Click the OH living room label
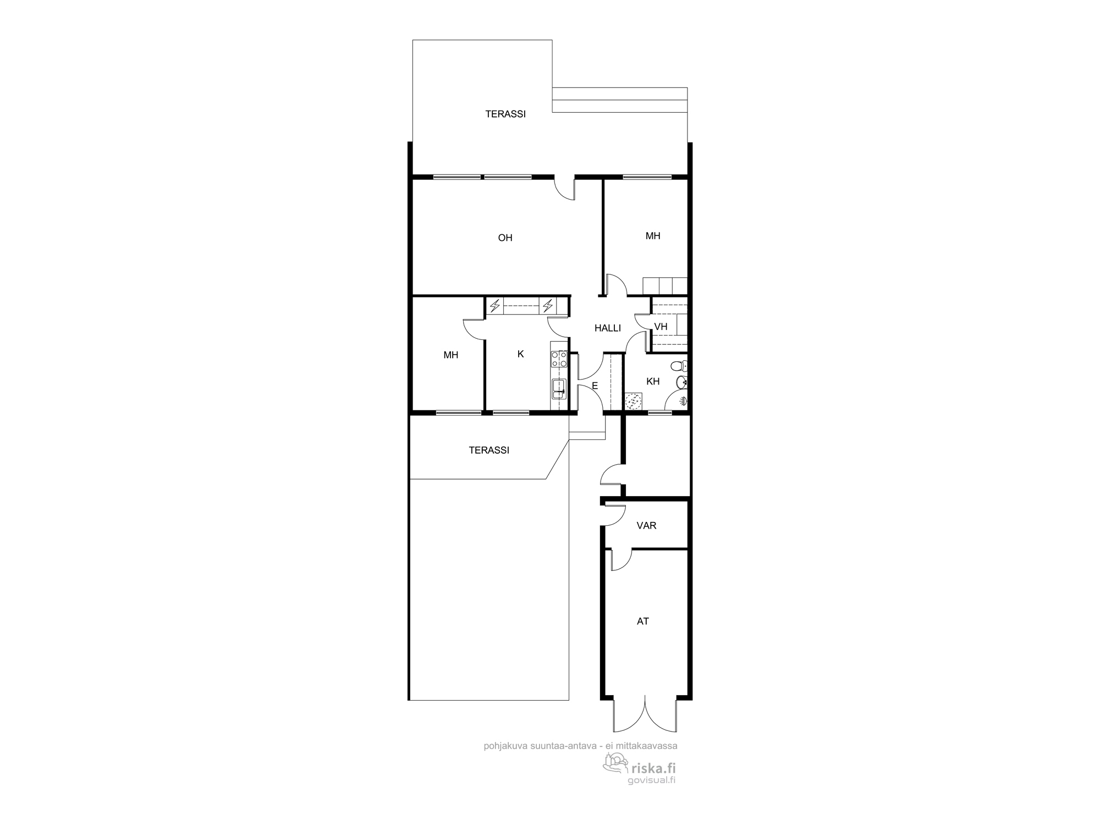505,238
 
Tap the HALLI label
608,328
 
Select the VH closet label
661,327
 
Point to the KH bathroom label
653,381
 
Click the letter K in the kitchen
520,354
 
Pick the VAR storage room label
646,526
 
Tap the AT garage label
642,621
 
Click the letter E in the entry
595,386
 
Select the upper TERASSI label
505,114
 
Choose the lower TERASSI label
489,450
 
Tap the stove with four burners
559,359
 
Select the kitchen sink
559,389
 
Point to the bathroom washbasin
681,382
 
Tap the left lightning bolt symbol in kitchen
495,305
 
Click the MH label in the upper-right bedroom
653,236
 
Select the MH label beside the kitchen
450,355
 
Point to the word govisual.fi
651,780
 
